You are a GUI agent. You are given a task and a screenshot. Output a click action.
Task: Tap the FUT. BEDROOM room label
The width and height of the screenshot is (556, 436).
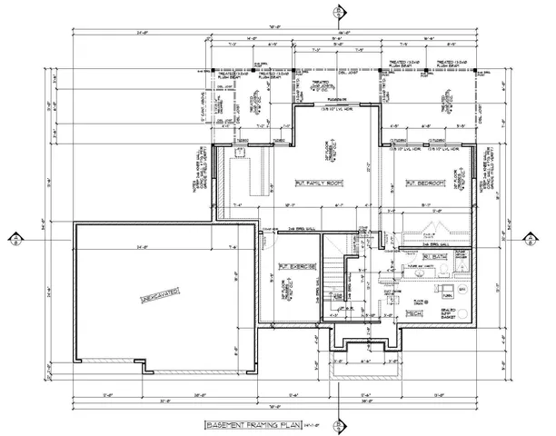click(424, 184)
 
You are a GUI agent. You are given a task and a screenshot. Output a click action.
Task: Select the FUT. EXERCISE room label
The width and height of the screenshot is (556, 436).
click(297, 268)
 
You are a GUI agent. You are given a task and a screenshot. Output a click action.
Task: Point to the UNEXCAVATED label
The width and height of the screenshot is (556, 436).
click(157, 297)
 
